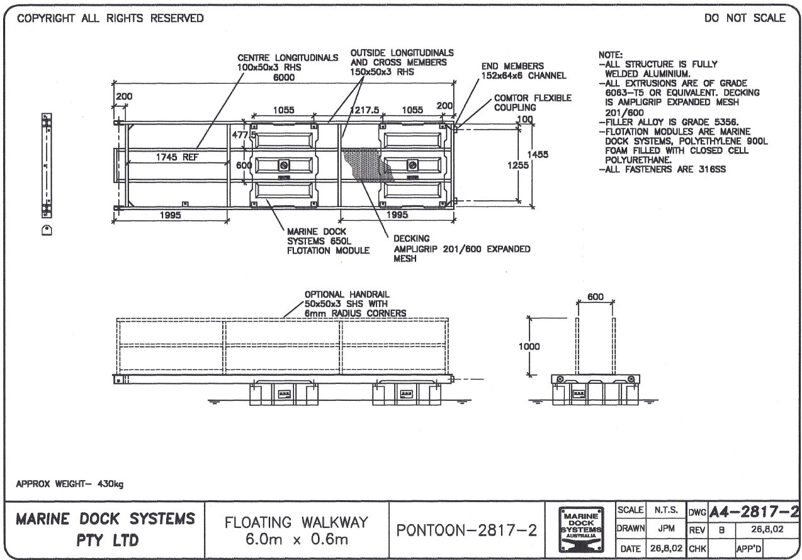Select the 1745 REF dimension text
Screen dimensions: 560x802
point(177,158)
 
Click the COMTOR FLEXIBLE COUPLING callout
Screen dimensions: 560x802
point(533,103)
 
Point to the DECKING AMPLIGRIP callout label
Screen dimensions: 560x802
point(461,249)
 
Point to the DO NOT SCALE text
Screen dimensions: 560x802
point(745,18)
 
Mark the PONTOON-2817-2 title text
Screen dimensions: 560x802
point(466,530)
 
